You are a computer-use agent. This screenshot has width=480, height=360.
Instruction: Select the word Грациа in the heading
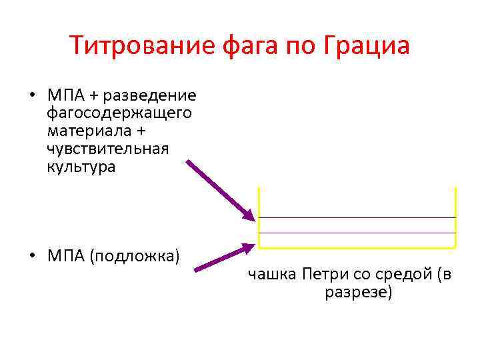click(x=365, y=46)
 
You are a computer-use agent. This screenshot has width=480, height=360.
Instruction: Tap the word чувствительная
click(x=108, y=149)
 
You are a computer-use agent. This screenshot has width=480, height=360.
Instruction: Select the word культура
click(x=81, y=167)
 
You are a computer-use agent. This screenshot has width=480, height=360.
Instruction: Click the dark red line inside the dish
click(x=357, y=217)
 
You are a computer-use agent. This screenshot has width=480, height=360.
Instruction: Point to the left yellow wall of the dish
click(x=259, y=217)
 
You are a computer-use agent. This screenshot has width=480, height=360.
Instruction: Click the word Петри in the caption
click(x=323, y=274)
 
